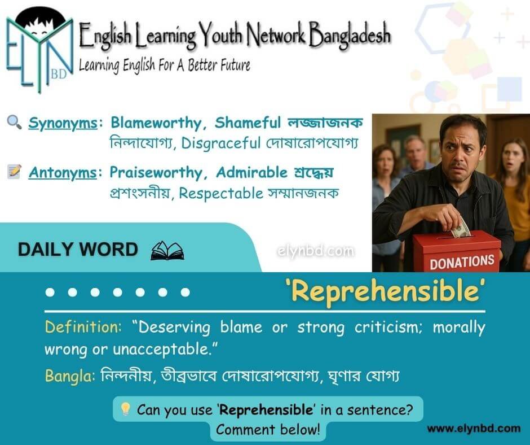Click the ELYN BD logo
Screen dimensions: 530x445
[39, 50]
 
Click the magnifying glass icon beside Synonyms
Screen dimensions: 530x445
[15, 122]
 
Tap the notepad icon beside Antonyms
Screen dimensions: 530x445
[15, 171]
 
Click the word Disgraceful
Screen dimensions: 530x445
[221, 143]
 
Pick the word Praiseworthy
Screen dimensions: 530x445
[156, 173]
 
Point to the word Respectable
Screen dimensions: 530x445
[221, 194]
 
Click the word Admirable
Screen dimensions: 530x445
[252, 172]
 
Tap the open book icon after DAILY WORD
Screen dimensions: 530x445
[167, 251]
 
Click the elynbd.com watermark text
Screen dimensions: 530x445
[316, 251]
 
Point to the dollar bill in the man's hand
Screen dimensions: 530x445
[460, 228]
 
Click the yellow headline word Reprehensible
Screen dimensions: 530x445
[385, 292]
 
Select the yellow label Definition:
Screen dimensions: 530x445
[83, 327]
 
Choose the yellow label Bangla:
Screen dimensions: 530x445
[70, 376]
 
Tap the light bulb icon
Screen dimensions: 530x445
[125, 409]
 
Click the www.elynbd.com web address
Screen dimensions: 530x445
[474, 429]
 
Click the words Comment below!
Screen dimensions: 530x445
[268, 429]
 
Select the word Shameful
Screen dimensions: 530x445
[248, 123]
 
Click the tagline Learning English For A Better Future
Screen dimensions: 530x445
[165, 65]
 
